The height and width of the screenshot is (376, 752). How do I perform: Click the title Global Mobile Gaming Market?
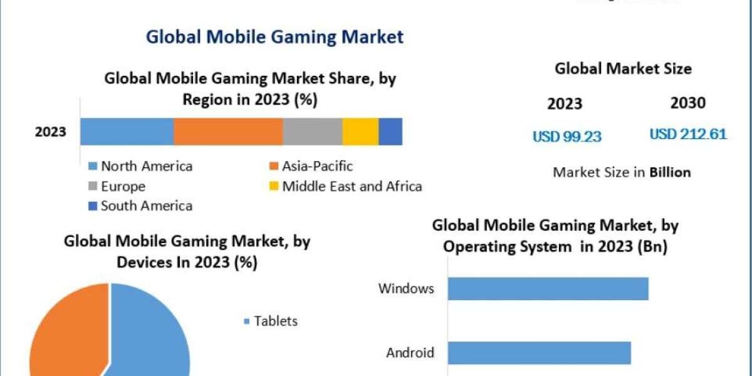pyautogui.click(x=274, y=37)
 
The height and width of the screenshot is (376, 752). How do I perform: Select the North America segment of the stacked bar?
pyautogui.click(x=127, y=132)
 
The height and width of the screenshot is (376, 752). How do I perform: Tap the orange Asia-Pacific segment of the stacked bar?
pyautogui.click(x=227, y=132)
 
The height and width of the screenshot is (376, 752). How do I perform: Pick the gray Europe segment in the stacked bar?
pyautogui.click(x=312, y=132)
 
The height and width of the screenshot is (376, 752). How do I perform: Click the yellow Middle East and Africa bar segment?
pyautogui.click(x=360, y=132)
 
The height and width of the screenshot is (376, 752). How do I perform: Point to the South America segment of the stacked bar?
pyautogui.click(x=390, y=132)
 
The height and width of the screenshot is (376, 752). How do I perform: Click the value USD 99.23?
pyautogui.click(x=567, y=136)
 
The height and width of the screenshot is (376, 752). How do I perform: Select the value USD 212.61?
pyautogui.click(x=687, y=134)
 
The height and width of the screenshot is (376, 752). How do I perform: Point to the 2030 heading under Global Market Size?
pyautogui.click(x=687, y=103)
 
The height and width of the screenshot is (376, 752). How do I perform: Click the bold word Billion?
pyautogui.click(x=670, y=172)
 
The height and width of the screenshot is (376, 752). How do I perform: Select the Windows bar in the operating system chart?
pyautogui.click(x=548, y=289)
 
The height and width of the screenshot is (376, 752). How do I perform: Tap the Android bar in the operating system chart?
pyautogui.click(x=539, y=353)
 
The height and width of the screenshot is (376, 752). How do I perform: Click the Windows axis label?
pyautogui.click(x=406, y=289)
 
